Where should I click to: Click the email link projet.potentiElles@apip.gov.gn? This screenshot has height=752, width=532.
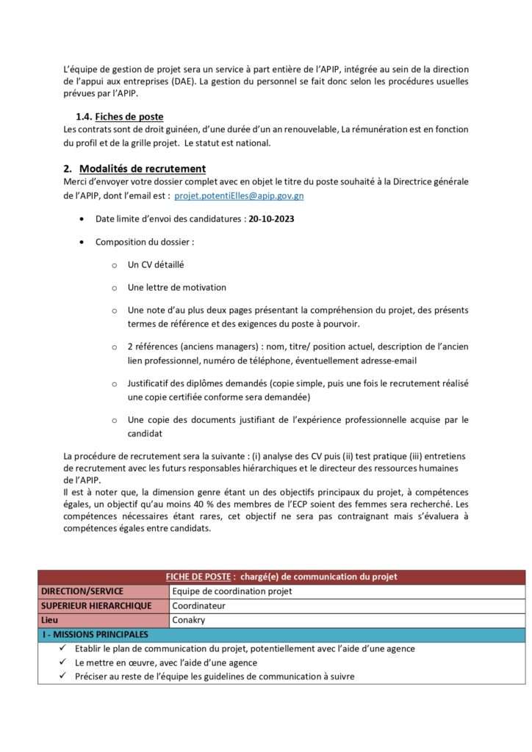point(239,196)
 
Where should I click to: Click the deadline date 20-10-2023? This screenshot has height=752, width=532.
point(272,219)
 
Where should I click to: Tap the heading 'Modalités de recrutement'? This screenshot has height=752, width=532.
point(143,169)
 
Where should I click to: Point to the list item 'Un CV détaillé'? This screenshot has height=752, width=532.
point(156,264)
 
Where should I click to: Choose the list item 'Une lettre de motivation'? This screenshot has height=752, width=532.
point(177,287)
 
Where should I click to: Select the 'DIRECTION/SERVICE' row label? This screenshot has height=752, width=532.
point(82,591)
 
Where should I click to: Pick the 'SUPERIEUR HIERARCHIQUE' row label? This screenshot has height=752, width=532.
point(96,606)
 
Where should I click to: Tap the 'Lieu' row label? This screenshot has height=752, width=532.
point(51,621)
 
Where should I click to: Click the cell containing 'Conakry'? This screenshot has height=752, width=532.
point(190,621)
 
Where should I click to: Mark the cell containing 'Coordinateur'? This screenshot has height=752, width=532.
point(198,606)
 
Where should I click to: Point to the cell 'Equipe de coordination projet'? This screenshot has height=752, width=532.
point(232,591)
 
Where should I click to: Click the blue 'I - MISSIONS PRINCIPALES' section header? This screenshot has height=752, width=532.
point(95,634)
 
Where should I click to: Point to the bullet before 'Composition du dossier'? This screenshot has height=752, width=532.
point(80,242)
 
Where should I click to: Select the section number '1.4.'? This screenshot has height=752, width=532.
point(83,117)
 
